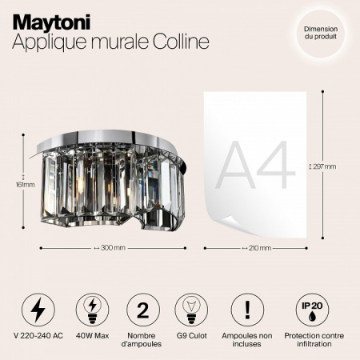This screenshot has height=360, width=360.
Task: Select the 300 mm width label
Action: [x=110, y=247]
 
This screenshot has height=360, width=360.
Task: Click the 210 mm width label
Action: [x=255, y=247]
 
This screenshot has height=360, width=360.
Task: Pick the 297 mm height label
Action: [x=322, y=166]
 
